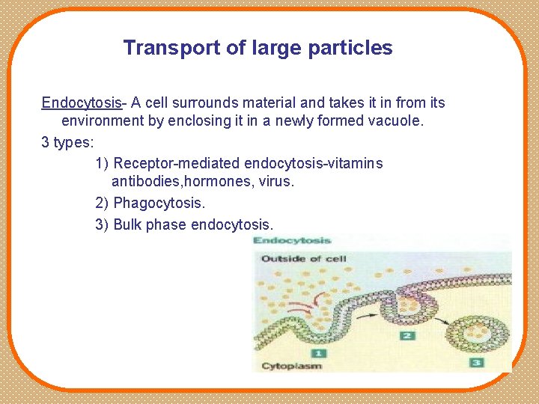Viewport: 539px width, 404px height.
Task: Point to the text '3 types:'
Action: (x=67, y=141)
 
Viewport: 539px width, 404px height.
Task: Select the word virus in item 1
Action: (x=275, y=181)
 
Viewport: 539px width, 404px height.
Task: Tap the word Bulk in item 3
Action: (x=128, y=224)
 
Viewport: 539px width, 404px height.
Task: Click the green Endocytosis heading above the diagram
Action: (x=292, y=241)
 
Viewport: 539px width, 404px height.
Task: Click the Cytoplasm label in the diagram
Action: (x=291, y=366)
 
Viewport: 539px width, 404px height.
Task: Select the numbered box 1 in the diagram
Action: (x=318, y=352)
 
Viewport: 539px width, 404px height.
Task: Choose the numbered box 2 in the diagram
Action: (x=407, y=335)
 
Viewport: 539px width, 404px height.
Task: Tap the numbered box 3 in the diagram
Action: (x=476, y=362)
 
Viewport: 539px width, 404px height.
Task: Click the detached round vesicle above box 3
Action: (x=484, y=329)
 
